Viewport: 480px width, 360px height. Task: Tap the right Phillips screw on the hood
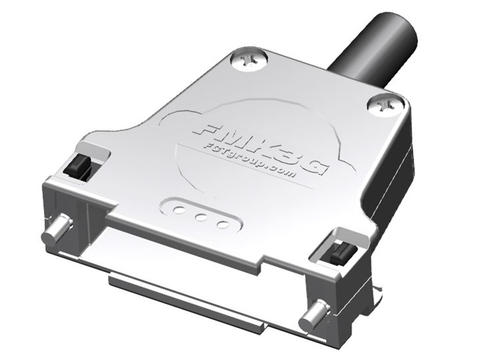pyautogui.click(x=381, y=103)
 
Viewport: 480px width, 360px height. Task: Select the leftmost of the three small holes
pyautogui.click(x=181, y=211)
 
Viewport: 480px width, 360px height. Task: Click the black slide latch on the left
pyautogui.click(x=77, y=164)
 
